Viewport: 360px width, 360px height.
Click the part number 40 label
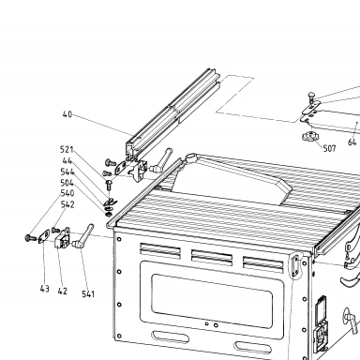tap(67, 114)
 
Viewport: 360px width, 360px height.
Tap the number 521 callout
tap(67, 150)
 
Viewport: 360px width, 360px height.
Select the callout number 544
tap(67, 172)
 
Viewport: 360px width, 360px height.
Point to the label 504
tap(67, 183)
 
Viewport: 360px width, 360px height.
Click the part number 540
tap(67, 193)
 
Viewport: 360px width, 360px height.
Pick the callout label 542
tap(67, 204)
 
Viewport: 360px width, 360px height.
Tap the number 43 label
tap(45, 289)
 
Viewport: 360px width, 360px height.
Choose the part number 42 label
tap(63, 291)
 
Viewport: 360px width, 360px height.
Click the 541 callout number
tap(88, 294)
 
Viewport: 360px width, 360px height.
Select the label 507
tap(329, 148)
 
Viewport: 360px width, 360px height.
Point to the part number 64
tap(352, 142)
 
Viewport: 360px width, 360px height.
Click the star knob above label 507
tap(309, 137)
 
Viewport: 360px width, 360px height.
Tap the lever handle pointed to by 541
tap(82, 235)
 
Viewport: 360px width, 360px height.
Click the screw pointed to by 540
tap(30, 238)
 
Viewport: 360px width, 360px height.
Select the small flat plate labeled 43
tap(44, 236)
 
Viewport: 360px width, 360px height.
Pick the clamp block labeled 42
tap(63, 238)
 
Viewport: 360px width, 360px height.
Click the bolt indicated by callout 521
tap(109, 186)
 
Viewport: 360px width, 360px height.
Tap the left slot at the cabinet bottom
tap(170, 337)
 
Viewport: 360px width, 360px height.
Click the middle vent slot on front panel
tap(212, 257)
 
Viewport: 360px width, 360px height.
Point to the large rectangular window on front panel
tap(211, 301)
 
